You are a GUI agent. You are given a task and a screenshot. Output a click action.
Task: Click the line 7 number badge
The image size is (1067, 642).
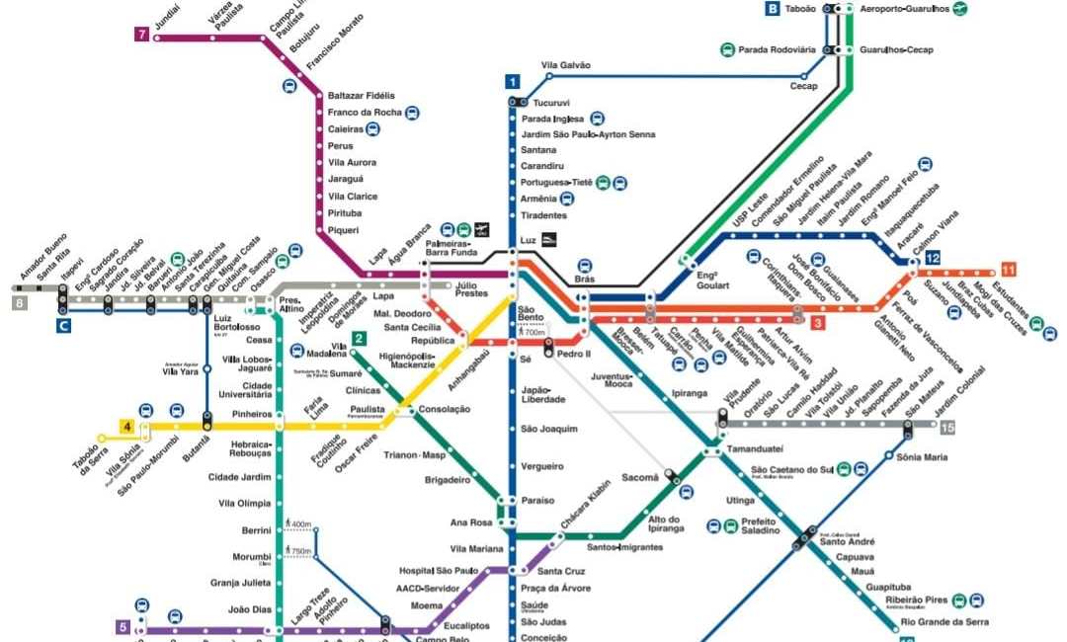[142, 35]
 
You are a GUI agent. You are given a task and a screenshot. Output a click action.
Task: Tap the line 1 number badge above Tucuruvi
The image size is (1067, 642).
[512, 81]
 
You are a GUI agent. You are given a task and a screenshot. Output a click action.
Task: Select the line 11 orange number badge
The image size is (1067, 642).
[1008, 270]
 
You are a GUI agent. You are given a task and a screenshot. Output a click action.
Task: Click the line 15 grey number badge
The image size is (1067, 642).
[946, 427]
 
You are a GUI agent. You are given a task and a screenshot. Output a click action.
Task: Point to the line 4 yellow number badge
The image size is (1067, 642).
[126, 426]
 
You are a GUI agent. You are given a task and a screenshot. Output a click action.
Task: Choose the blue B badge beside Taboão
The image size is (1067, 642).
[772, 9]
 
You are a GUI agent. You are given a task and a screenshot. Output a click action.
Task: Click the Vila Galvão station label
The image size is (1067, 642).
[566, 65]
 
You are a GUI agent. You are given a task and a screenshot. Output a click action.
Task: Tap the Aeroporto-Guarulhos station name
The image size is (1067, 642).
[903, 9]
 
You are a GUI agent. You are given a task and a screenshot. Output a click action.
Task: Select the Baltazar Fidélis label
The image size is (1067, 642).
[361, 96]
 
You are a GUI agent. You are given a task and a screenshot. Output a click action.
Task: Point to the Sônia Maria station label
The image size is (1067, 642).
[922, 457]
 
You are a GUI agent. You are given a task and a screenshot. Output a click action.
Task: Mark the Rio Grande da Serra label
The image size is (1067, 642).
[944, 622]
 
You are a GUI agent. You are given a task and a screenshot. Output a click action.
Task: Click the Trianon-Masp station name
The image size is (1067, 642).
[421, 455]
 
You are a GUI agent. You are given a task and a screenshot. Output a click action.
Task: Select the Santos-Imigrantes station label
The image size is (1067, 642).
[624, 546]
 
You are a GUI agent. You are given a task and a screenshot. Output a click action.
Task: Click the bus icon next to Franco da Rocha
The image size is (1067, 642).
[412, 113]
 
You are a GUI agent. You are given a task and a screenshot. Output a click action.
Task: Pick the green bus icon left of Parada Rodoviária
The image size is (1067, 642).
[727, 49]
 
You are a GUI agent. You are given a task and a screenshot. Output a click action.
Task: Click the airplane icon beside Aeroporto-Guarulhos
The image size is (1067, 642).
[960, 9]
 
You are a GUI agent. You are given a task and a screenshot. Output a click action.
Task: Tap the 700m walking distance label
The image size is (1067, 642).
[533, 334]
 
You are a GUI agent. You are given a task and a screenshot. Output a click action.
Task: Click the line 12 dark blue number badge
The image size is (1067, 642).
[932, 258]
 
